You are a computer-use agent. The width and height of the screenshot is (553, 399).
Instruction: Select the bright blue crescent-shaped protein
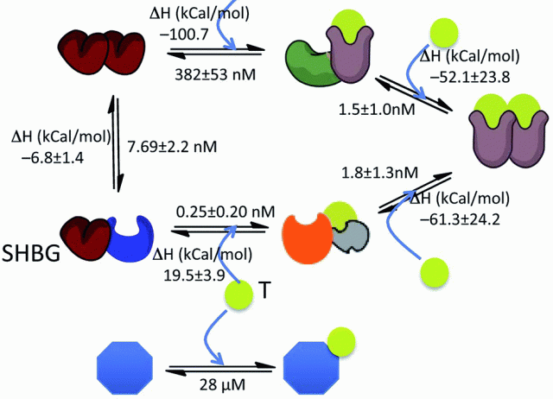click(x=141, y=236)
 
